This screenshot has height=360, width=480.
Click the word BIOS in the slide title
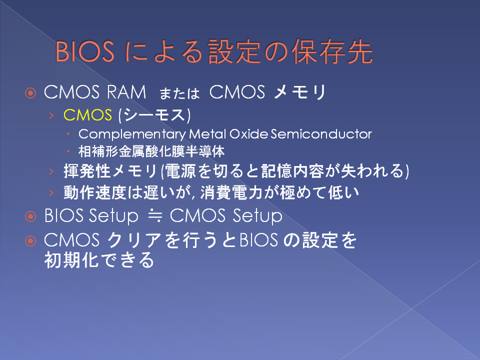coord(85,51)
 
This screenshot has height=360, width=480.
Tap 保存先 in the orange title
coord(332,51)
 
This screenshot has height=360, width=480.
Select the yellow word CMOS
coord(87,115)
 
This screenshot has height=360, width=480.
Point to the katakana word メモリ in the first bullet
coord(300,92)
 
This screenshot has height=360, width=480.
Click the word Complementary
coord(132,134)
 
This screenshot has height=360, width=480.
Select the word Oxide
coord(248,134)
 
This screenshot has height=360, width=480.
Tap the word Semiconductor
coord(321,134)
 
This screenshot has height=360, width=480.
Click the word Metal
coord(207,134)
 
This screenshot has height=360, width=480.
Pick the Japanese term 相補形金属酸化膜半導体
coord(151,151)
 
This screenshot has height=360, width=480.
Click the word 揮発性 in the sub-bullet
coord(87,171)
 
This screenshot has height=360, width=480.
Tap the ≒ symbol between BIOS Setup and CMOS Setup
coord(155,216)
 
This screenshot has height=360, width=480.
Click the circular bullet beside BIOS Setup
coord(30,216)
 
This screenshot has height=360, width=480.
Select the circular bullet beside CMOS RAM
coord(30,93)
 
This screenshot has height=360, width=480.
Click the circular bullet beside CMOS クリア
coord(30,241)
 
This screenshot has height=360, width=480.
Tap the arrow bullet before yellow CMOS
coord(51,115)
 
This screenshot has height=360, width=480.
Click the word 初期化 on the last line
coord(71,260)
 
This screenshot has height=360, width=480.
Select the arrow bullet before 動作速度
coord(51,193)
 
